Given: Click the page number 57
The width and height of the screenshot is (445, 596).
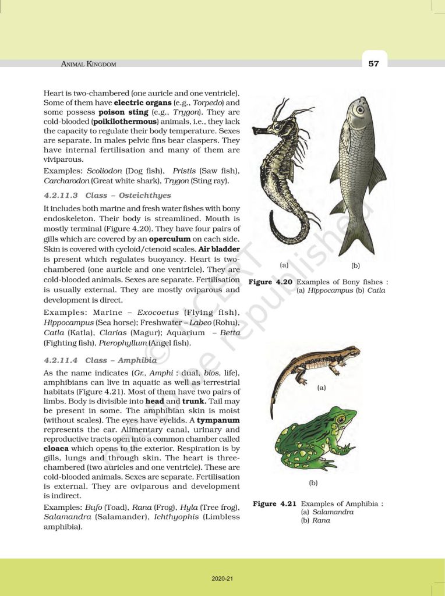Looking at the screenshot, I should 373,63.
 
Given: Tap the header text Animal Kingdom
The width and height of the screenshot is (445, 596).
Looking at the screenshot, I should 89,64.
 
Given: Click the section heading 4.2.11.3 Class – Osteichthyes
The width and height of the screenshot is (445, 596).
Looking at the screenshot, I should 107,196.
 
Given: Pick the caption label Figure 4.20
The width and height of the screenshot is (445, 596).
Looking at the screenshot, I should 271,282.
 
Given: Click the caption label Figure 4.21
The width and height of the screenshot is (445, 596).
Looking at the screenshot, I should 274,503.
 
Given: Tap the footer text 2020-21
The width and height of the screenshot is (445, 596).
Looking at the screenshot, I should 222,579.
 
